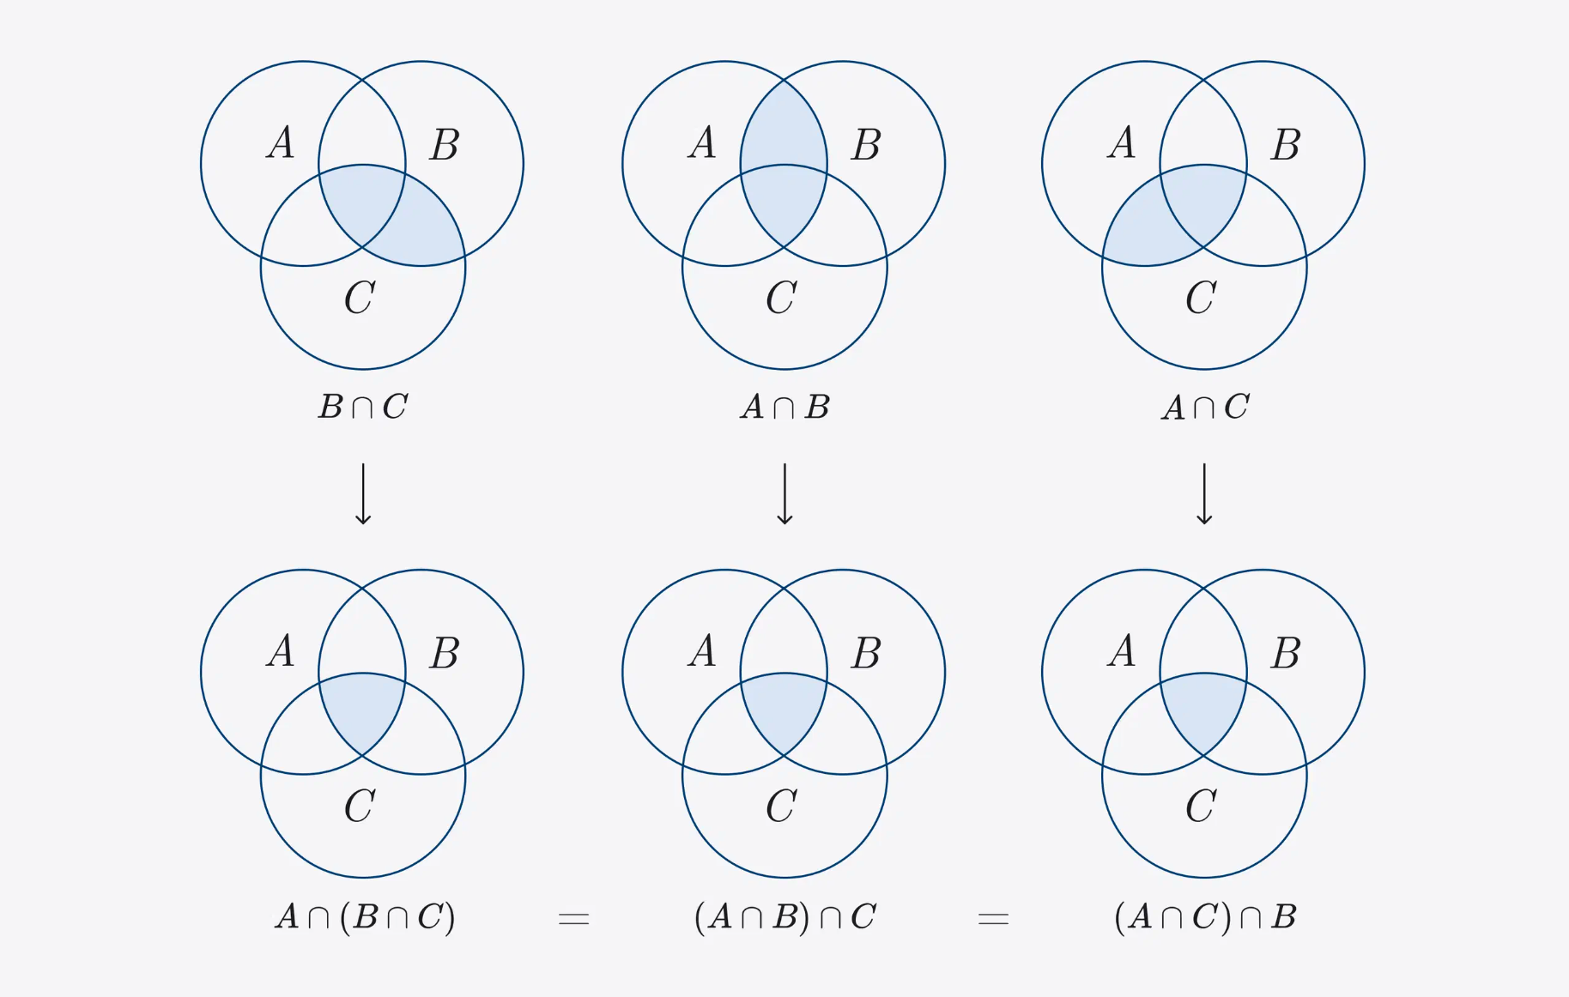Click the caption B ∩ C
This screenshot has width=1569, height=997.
pyautogui.click(x=363, y=407)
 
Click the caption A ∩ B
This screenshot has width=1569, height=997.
pyautogui.click(x=784, y=407)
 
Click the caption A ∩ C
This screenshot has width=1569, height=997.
pyautogui.click(x=1205, y=407)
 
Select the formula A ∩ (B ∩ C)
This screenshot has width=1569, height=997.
pyautogui.click(x=365, y=917)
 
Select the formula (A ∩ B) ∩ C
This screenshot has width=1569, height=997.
pyautogui.click(x=784, y=917)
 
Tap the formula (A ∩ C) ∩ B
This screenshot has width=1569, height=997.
pyautogui.click(x=1205, y=917)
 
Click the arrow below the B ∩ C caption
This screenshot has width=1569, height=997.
pyautogui.click(x=363, y=494)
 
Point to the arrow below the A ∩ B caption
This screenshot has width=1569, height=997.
pyautogui.click(x=784, y=494)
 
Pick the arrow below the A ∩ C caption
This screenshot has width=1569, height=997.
pyautogui.click(x=1204, y=494)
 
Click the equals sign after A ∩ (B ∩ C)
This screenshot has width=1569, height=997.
pyautogui.click(x=573, y=919)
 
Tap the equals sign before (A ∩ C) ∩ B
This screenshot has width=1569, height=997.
pyautogui.click(x=993, y=919)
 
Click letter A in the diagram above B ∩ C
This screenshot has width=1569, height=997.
pyautogui.click(x=281, y=142)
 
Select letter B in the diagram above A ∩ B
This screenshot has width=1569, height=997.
pyautogui.click(x=866, y=144)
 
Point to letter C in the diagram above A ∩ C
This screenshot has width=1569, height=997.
pyautogui.click(x=1201, y=298)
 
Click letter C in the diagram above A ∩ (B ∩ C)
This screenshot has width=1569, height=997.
pyautogui.click(x=360, y=806)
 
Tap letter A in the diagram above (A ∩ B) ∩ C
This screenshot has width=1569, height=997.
pyautogui.click(x=702, y=650)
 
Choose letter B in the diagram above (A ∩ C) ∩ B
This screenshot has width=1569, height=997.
pyautogui.click(x=1286, y=653)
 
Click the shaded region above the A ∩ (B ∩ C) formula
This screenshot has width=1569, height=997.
pyautogui.click(x=362, y=708)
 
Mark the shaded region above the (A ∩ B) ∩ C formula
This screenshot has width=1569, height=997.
pyautogui.click(x=784, y=708)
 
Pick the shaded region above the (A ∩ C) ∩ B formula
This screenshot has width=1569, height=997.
pyautogui.click(x=1203, y=708)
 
